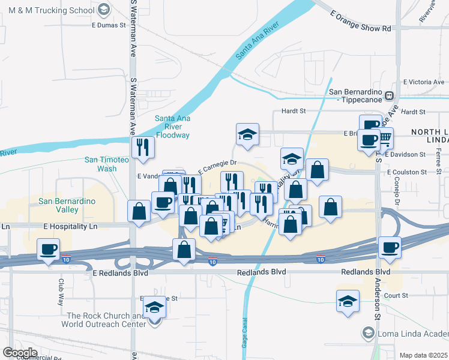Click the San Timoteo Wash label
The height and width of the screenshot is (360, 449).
click(108, 164)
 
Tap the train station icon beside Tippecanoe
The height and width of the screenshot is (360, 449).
click(389, 95)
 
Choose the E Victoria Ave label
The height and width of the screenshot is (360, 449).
click(423, 82)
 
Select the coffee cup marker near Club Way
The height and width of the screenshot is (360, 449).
click(48, 248)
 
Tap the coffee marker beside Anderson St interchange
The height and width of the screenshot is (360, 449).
click(390, 247)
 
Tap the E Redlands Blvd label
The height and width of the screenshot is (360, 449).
click(116, 272)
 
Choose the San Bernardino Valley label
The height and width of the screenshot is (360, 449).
click(67, 205)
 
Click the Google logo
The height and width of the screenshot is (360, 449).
click(19, 352)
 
